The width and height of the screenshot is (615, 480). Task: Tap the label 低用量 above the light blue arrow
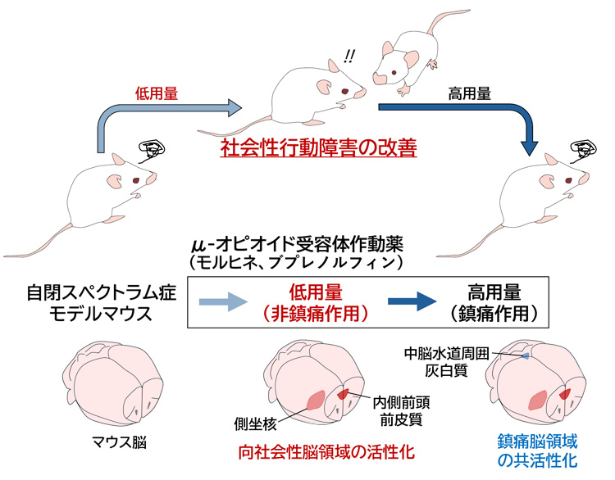coord(156,93)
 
